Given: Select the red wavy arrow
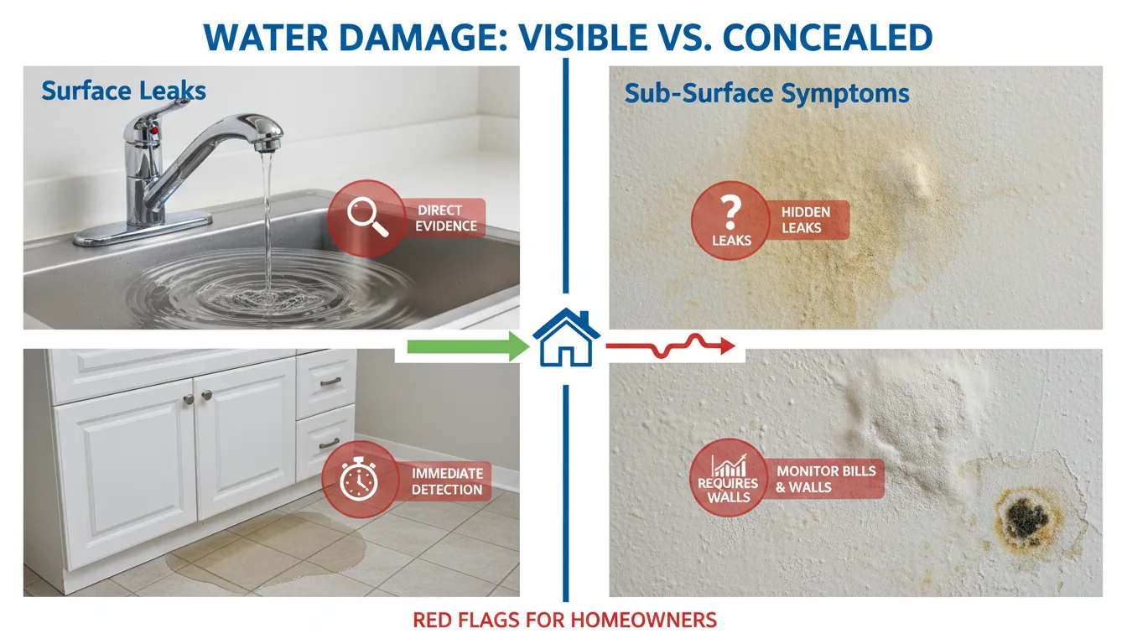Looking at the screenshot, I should [671, 344].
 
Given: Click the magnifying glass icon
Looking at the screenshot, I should [366, 217].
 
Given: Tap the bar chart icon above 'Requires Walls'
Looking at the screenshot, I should [727, 466].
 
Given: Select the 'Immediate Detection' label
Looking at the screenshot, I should [447, 481].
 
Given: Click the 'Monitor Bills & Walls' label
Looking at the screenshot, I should [826, 478].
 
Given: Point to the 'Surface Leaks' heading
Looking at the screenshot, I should [123, 91].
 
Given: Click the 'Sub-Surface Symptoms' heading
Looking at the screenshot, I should [766, 93].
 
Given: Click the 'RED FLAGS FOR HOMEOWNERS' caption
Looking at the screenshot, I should [564, 621].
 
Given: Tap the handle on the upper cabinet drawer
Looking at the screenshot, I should [330, 382].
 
